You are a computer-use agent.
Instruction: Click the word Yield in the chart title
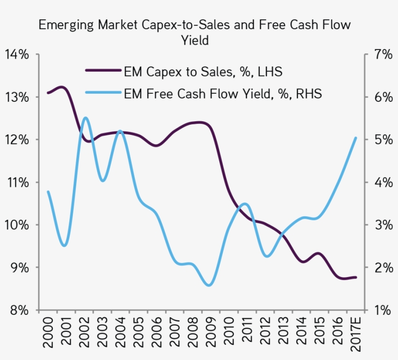click(195, 41)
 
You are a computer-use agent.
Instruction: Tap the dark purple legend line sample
click(102, 71)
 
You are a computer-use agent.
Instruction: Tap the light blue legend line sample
click(102, 92)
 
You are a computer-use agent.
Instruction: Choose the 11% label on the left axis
click(17, 182)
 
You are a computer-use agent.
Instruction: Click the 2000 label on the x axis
click(48, 334)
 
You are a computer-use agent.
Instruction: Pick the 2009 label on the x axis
click(210, 334)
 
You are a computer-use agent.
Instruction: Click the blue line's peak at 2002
click(85, 117)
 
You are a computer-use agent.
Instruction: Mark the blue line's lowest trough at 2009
click(209, 285)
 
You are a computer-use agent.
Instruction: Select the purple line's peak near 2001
click(63, 87)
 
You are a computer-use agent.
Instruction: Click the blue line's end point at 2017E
click(356, 138)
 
